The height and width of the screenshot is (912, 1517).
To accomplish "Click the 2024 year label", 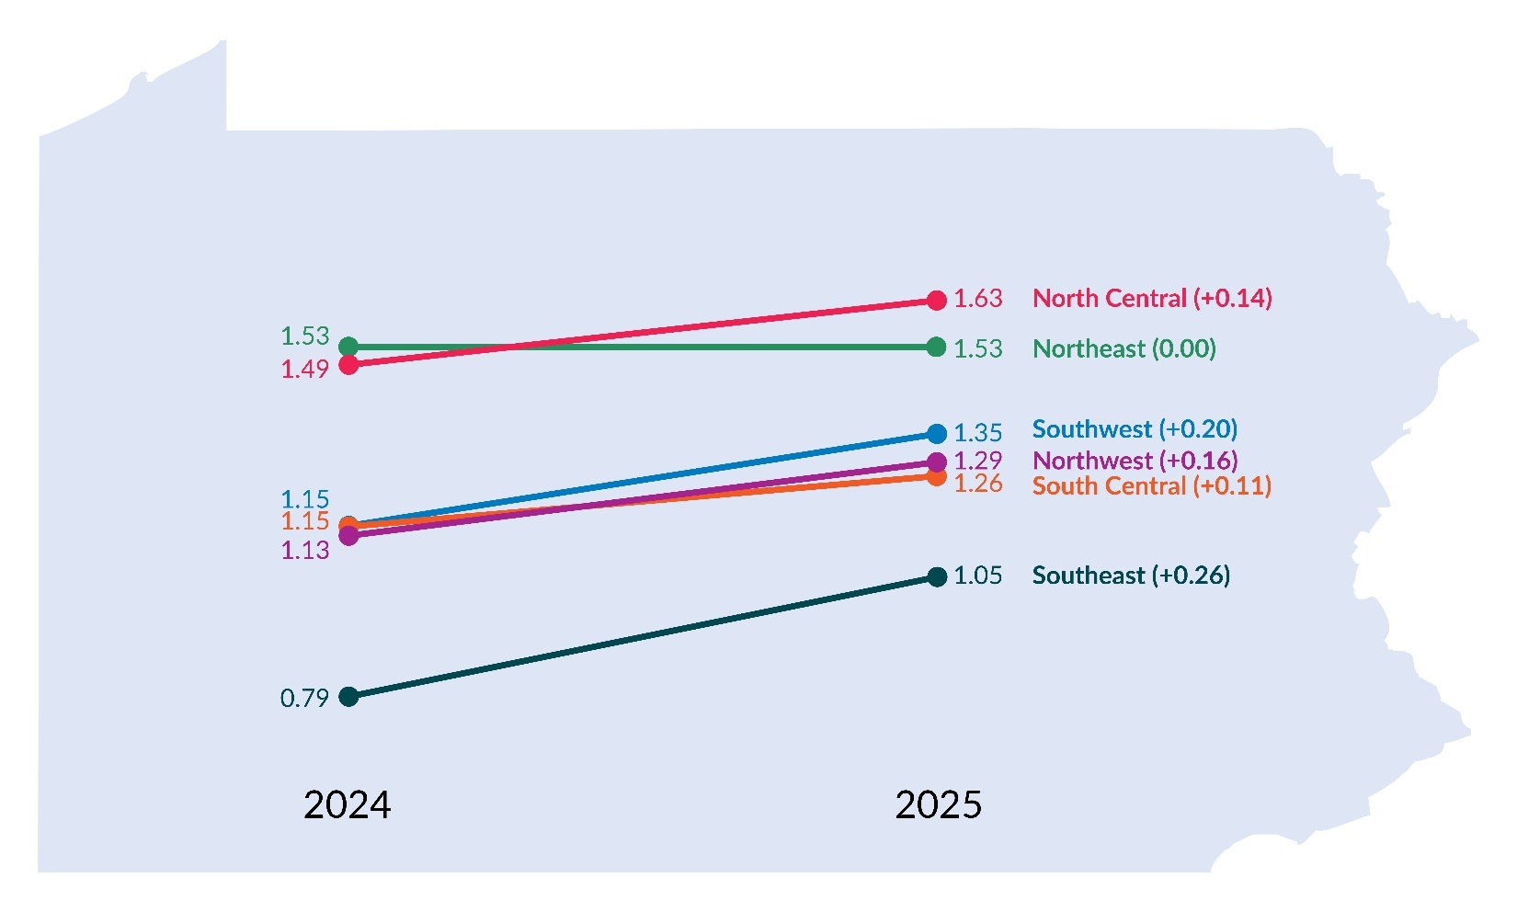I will coord(347,805).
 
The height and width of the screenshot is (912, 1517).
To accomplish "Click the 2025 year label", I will coord(938,805).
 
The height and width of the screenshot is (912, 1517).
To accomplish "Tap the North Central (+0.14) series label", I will coord(1152,299).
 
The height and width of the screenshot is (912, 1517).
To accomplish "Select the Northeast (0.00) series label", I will coord(1123,349).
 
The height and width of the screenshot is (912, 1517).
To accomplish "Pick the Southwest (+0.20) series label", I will coord(1135,429).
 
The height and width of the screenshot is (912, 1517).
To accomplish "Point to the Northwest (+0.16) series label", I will coord(1135,460).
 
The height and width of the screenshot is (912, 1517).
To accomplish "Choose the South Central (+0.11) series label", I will coord(1152,486).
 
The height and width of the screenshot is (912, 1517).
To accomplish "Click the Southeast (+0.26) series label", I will coord(1131,576).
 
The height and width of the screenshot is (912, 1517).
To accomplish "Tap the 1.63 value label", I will coord(977,299).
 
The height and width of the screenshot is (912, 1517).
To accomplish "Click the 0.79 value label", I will coord(304,699).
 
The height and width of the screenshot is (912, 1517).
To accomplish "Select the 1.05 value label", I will coord(977,576).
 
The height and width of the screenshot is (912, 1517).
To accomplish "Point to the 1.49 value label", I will coord(304,370).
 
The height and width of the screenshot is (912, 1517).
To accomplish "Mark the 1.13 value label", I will coord(304,551).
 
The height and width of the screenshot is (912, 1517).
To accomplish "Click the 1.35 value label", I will coord(977,433).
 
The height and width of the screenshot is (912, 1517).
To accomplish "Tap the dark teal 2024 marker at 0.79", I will coord(348,697).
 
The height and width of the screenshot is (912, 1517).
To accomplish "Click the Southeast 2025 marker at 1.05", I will coord(937,577).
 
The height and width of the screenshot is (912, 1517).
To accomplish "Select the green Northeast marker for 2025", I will coord(937,347).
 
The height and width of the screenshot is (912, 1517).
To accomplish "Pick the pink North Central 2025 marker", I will coord(937,301).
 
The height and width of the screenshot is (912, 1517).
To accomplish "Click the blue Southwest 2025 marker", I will coord(937,434).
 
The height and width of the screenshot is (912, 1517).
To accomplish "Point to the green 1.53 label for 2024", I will coord(304,336).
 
